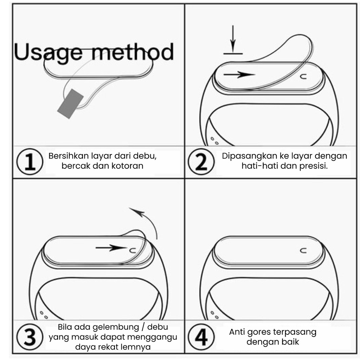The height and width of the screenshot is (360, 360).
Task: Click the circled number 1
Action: click(30, 161)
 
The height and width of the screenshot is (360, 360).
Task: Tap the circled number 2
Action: click(201, 161)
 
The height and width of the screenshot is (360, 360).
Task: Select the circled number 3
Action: click(30, 337)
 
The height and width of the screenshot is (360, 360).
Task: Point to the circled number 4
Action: click(201, 337)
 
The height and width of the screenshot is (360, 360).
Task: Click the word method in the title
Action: click(133, 52)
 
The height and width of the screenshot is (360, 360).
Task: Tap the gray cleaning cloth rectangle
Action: click(70, 104)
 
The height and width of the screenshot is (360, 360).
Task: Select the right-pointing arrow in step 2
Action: click(239, 75)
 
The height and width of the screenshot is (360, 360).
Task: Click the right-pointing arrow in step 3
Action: click(111, 248)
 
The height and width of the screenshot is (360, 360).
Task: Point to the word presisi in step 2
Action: click(313, 166)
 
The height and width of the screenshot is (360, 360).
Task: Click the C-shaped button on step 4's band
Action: click(303, 250)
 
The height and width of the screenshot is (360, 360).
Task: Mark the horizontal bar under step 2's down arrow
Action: click(233, 54)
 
